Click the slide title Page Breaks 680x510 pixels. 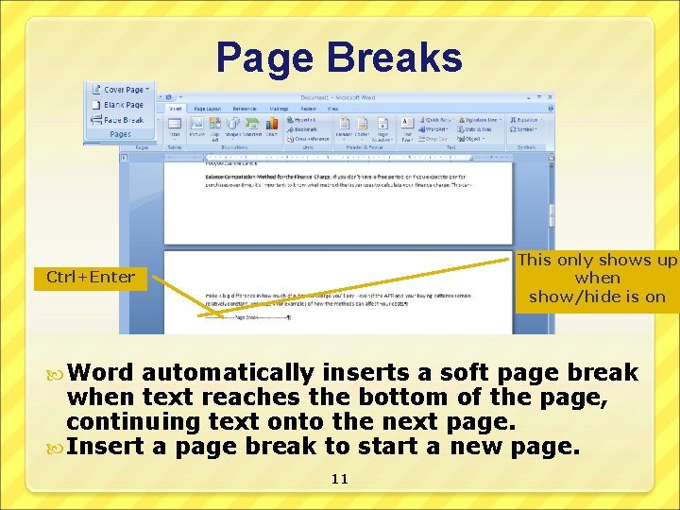point(339,57)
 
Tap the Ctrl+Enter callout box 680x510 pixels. point(91,278)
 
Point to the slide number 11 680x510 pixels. point(340,479)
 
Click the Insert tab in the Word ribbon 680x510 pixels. point(176,109)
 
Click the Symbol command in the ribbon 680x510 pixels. point(525,129)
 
